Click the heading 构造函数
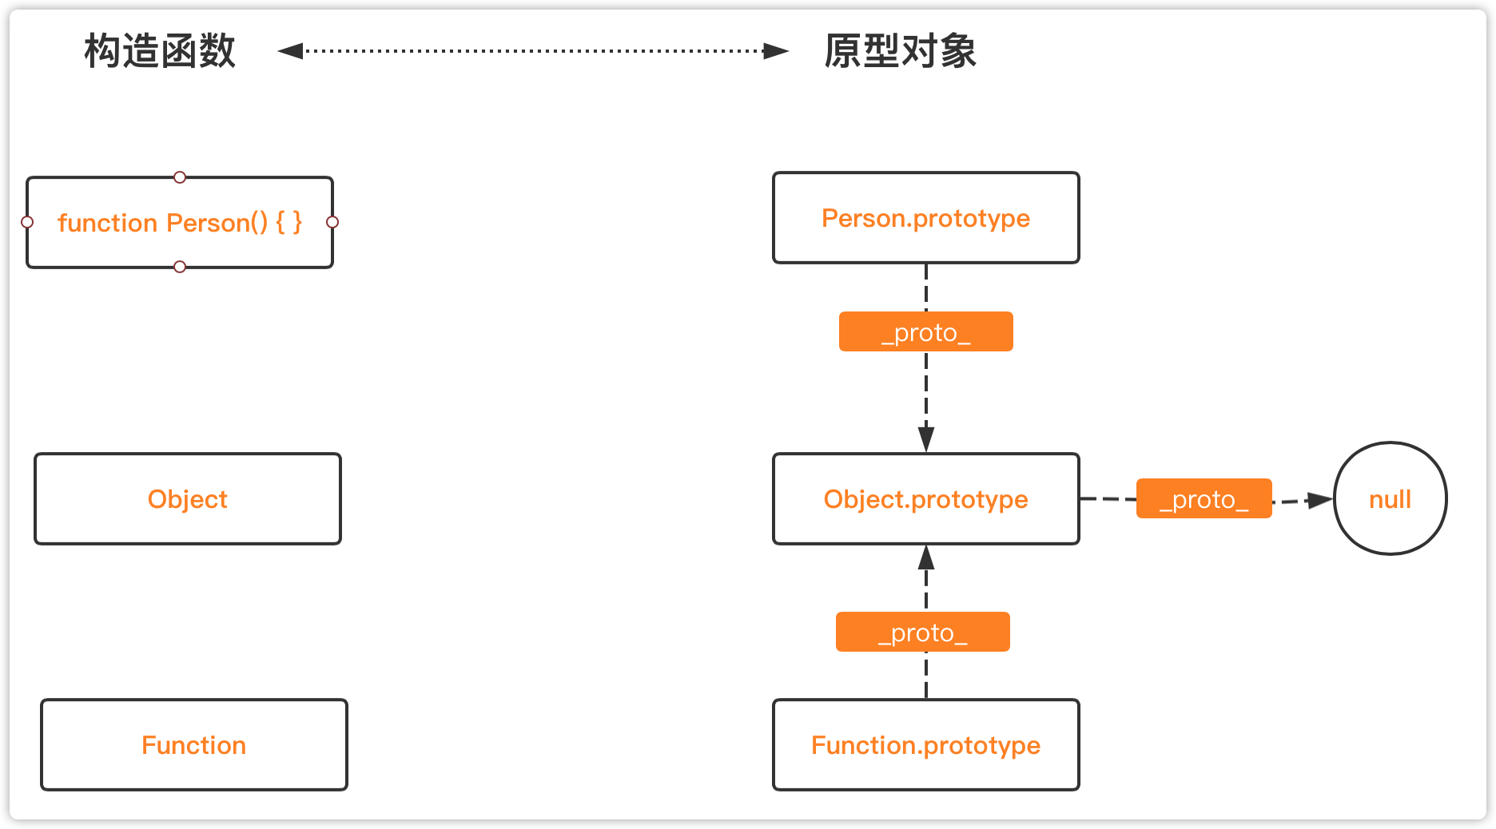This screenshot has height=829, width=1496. coord(160,51)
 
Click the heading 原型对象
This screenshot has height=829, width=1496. coord(901,51)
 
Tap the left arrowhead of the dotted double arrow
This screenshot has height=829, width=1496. coord(290,51)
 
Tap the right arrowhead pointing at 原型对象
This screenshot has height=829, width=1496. coord(776,51)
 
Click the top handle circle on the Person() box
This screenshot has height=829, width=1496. coord(180,177)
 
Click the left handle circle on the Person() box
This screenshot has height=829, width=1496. coord(27,222)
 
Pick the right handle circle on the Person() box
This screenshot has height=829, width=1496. coord(332,222)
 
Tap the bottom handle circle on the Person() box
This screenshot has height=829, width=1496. coord(180,267)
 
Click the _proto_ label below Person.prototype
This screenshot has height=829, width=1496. coord(926,331)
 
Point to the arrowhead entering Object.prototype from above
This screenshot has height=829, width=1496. coord(926,439)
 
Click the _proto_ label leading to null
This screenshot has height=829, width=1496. coord(1204,498)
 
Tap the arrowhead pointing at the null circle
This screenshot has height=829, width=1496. coord(1320,500)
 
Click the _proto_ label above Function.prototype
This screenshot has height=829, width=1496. coord(923,632)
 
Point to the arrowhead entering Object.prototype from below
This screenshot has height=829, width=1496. coord(926,557)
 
